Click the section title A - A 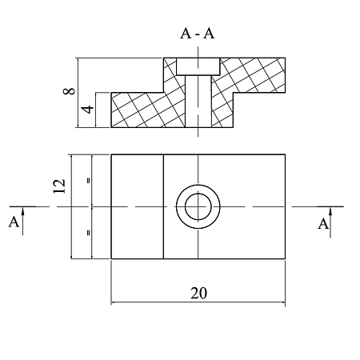pyautogui.click(x=198, y=34)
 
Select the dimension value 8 pyautogui.click(x=69, y=91)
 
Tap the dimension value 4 pyautogui.click(x=88, y=110)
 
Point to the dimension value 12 pyautogui.click(x=59, y=186)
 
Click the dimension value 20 pyautogui.click(x=198, y=293)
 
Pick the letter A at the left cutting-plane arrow pyautogui.click(x=14, y=222)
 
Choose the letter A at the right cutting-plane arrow pyautogui.click(x=323, y=223)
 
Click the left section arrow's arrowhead pyautogui.click(x=22, y=211)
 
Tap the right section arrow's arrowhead pyautogui.click(x=330, y=212)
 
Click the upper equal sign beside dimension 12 pyautogui.click(x=89, y=181)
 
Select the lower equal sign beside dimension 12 pyautogui.click(x=89, y=233)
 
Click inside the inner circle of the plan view pyautogui.click(x=198, y=206)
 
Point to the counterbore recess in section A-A pyautogui.click(x=198, y=66)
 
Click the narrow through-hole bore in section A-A pyautogui.click(x=198, y=101)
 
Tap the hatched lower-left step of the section pyautogui.click(x=138, y=110)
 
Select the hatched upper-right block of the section pyautogui.click(x=252, y=74)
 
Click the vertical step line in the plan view pyautogui.click(x=163, y=206)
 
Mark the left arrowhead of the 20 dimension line pyautogui.click(x=114, y=302)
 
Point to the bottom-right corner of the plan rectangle pyautogui.click(x=285, y=258)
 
